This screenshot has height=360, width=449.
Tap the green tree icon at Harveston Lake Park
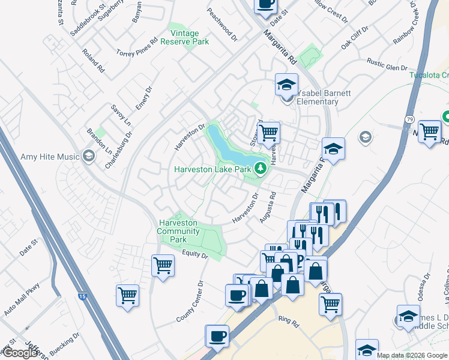point(261,168)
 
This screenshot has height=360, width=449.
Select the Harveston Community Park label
point(178,231)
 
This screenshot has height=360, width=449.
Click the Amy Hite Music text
point(50,157)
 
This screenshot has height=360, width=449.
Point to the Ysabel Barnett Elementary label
point(317,97)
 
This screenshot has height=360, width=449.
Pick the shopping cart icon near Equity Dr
point(163,265)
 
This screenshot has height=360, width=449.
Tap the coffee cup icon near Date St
point(265,4)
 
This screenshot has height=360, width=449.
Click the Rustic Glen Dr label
point(387,64)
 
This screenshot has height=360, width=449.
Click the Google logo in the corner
point(20,353)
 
